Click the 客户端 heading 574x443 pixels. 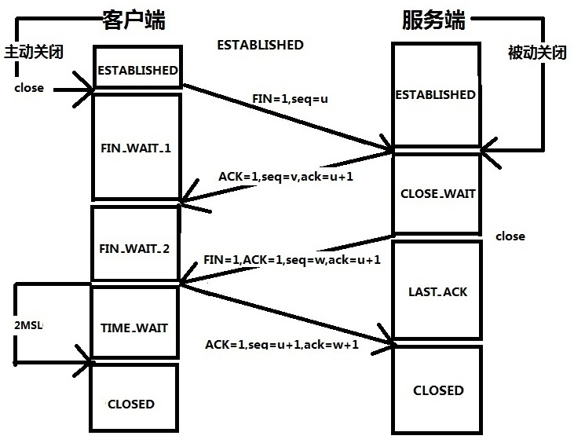(134, 20)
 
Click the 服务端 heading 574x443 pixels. (433, 20)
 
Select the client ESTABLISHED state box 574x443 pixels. (137, 70)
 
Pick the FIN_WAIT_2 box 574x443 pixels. (136, 248)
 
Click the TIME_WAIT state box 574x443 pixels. (136, 328)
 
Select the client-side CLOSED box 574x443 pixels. (131, 404)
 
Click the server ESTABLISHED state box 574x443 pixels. (435, 94)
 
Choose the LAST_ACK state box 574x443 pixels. (437, 291)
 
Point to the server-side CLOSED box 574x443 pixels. (438, 390)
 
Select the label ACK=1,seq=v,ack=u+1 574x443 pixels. (286, 176)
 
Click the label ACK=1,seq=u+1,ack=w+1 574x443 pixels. (282, 344)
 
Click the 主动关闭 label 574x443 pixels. (32, 52)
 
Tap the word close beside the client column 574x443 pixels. (29, 87)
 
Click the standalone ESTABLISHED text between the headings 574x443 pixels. (260, 45)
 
